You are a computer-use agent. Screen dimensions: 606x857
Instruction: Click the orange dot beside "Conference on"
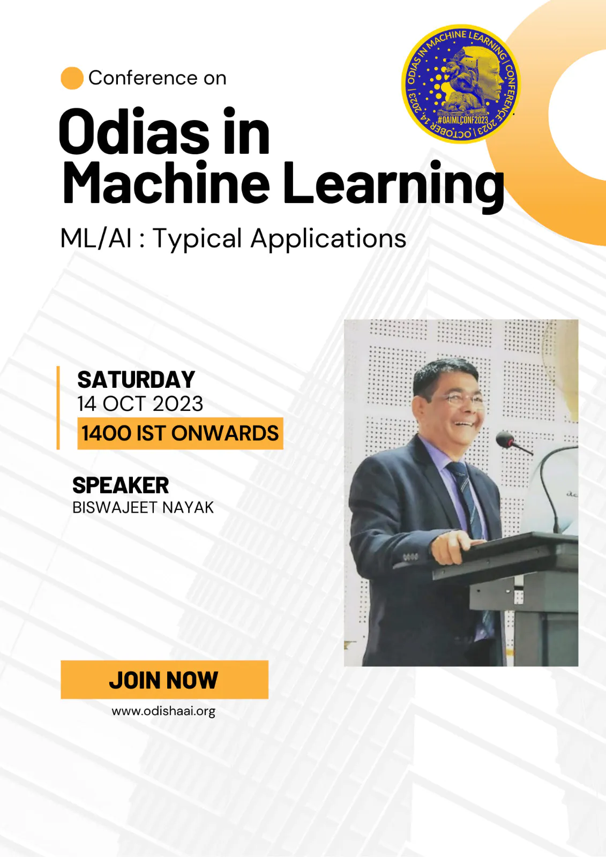tap(72, 78)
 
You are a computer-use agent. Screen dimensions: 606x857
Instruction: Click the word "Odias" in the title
tap(134, 131)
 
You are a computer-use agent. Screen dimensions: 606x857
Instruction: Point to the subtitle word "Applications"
tap(328, 239)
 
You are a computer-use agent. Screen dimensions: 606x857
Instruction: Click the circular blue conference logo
tap(461, 84)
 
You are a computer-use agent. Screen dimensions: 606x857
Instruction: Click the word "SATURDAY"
tap(136, 380)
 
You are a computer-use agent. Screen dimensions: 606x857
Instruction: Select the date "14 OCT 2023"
tap(140, 404)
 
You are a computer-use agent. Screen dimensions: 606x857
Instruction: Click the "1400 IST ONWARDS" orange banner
tap(181, 433)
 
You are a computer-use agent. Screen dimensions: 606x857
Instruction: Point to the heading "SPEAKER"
tap(121, 485)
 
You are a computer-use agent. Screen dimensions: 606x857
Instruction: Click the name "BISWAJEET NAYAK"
tap(143, 508)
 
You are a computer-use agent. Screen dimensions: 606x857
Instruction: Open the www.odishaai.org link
tap(163, 711)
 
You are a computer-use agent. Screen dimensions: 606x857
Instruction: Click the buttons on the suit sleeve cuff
tap(410, 557)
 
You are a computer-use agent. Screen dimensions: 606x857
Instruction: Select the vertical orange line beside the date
tap(58, 408)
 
